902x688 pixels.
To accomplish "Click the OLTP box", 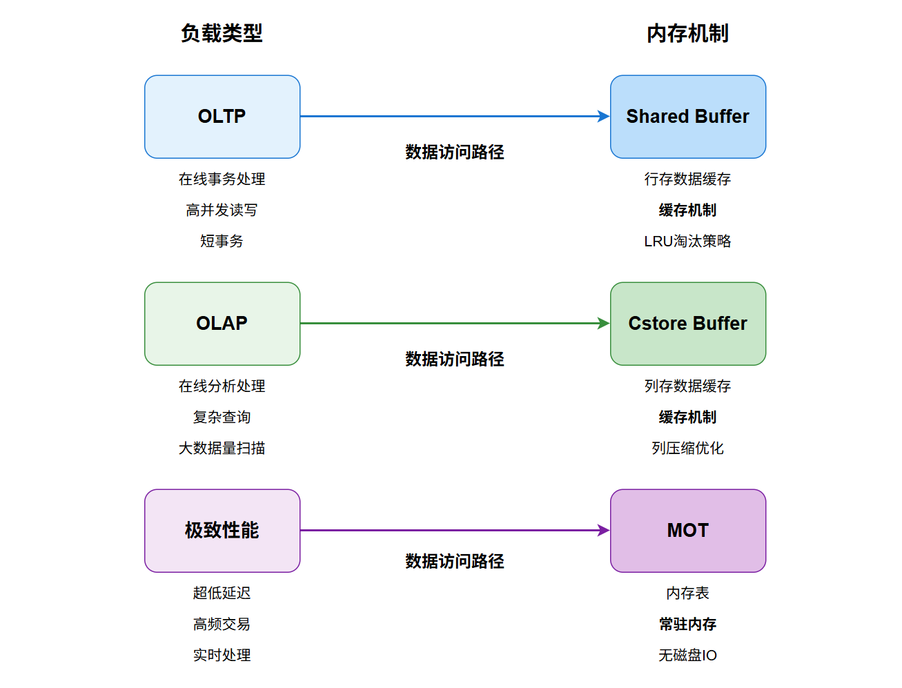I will [x=222, y=117].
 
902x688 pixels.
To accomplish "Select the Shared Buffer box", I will [x=687, y=117].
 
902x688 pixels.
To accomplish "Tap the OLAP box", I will [x=222, y=324].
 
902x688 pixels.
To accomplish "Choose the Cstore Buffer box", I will [x=687, y=324].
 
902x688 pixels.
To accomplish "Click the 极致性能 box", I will [x=222, y=531].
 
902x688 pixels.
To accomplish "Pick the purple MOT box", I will [x=687, y=531].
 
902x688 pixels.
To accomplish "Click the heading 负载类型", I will [x=222, y=33].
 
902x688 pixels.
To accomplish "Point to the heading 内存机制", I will [x=687, y=33].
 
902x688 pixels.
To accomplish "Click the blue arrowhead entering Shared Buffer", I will [x=604, y=117].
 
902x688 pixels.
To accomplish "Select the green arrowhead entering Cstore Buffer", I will [x=604, y=324].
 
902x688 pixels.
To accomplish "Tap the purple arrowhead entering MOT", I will [x=604, y=531].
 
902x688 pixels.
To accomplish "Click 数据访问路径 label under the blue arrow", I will [x=455, y=152].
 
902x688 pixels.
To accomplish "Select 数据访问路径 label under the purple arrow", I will [x=455, y=561].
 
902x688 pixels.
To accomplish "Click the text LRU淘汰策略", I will [x=687, y=242].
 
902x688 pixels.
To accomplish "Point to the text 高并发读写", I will [x=222, y=210].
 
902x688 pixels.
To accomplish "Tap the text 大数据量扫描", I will [x=222, y=449].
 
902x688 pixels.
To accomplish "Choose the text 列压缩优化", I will [x=687, y=449].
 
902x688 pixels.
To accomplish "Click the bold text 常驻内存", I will [x=687, y=625].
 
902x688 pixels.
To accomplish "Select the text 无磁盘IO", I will [x=687, y=656].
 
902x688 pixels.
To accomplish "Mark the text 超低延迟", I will [x=222, y=593].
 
